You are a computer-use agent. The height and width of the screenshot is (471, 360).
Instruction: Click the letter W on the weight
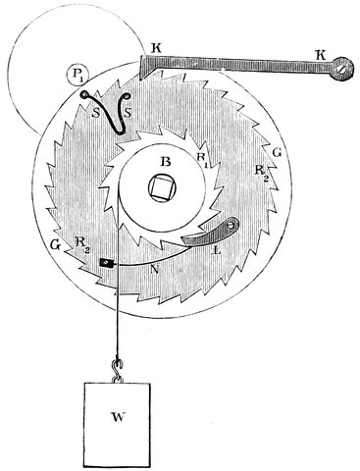(119, 417)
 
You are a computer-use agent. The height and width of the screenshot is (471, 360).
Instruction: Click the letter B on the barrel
(166, 162)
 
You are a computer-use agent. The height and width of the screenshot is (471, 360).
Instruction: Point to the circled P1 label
(77, 75)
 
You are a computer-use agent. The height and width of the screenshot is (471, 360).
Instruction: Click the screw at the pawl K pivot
(341, 70)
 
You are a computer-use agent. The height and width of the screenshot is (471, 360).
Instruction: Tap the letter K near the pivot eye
(322, 56)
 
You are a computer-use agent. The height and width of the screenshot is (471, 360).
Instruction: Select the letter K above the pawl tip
(157, 49)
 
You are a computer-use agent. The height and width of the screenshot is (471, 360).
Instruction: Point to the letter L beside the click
(217, 251)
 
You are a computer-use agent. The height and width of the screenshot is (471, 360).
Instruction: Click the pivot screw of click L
(231, 225)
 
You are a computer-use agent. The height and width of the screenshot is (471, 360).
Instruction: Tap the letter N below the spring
(156, 270)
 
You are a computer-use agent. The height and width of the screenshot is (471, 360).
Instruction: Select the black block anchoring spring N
(106, 263)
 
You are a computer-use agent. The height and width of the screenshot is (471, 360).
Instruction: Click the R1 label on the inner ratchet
(202, 160)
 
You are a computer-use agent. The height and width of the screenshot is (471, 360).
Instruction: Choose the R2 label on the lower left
(80, 243)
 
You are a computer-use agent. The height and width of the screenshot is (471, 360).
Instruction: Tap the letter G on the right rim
(277, 154)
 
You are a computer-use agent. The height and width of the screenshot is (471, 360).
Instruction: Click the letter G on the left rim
(56, 245)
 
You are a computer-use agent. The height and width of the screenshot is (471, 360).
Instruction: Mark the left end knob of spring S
(84, 95)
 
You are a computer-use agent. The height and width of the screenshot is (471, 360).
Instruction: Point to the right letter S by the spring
(128, 113)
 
